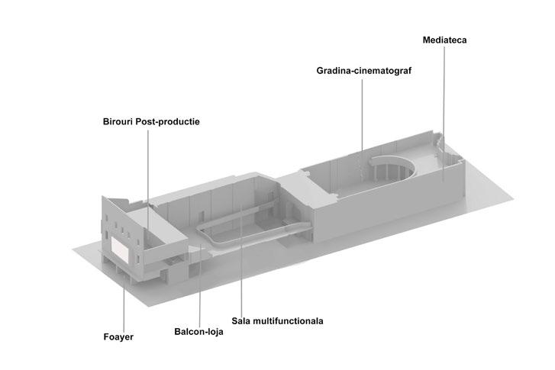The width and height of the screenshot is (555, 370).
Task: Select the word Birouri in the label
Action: click(x=121, y=121)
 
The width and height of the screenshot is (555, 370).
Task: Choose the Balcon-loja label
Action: click(x=198, y=333)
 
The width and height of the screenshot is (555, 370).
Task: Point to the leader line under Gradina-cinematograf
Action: click(x=362, y=114)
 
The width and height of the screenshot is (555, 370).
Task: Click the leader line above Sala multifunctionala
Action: click(x=241, y=267)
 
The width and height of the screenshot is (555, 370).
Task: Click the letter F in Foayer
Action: click(x=105, y=336)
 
